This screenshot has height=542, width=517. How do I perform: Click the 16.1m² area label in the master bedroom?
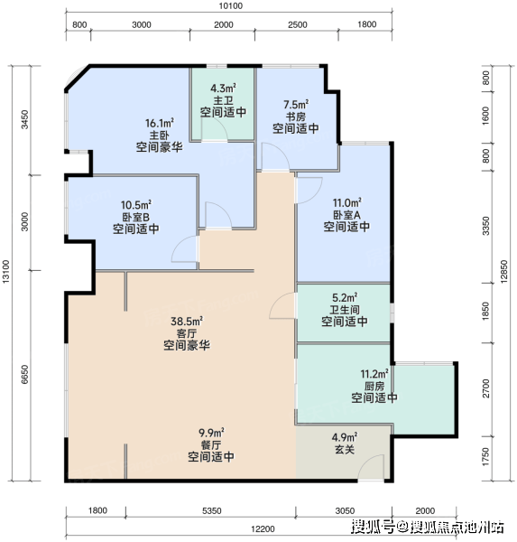[159, 123]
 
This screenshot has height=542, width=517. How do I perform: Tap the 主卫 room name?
[223, 100]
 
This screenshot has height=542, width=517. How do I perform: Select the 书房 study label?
[296, 117]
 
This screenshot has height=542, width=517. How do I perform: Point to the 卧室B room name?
[135, 217]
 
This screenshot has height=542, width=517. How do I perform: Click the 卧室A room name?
[346, 215]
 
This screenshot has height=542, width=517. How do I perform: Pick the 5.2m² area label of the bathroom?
[345, 297]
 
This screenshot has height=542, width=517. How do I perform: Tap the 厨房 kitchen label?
[374, 386]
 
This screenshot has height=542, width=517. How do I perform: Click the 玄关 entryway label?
[345, 449]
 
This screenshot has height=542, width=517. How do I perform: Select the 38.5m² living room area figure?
[187, 322]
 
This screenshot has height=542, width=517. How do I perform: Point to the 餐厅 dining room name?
[210, 444]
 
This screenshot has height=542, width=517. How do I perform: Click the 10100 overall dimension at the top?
[231, 6]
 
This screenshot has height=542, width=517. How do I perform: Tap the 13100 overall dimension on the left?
[6, 272]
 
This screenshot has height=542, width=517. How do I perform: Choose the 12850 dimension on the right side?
[504, 272]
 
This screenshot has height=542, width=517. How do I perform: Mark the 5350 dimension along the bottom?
[212, 511]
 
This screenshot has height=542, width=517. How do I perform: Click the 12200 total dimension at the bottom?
[263, 529]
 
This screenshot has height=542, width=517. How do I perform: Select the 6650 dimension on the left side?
[24, 374]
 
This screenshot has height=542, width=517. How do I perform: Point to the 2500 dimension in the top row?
[298, 25]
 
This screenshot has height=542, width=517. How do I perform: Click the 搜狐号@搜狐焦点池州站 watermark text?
[428, 528]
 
